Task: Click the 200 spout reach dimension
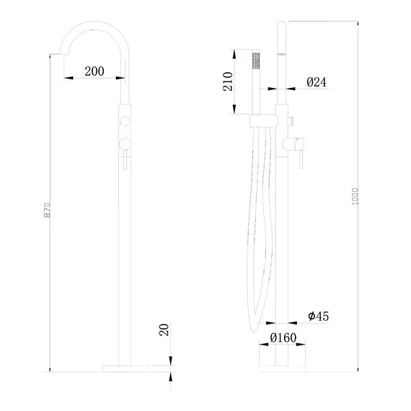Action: point(94,71)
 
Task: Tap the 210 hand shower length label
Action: point(226,80)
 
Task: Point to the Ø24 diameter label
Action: point(317,83)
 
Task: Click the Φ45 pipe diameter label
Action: point(319,315)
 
